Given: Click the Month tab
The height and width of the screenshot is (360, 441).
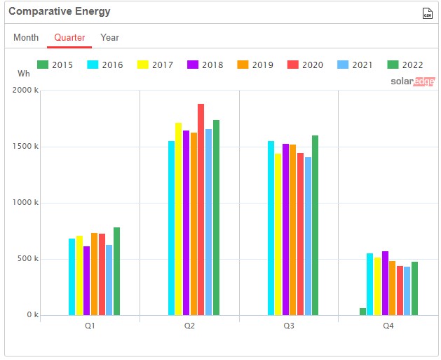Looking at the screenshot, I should click(26, 37).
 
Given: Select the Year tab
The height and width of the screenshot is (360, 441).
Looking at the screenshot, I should click(109, 37).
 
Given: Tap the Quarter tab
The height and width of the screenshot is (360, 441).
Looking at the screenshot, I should click(69, 37).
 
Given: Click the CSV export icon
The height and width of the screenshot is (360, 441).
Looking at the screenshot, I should click(427, 13).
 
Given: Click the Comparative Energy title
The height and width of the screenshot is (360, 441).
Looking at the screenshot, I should click(59, 12).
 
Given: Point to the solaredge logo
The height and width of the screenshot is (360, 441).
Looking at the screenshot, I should click(412, 81).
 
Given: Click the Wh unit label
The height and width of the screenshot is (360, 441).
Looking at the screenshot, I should click(23, 73).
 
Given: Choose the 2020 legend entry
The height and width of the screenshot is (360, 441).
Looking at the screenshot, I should click(304, 65).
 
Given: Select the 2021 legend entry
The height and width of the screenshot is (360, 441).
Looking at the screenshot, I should click(355, 65).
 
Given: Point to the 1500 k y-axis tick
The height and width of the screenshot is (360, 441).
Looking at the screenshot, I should click(27, 147).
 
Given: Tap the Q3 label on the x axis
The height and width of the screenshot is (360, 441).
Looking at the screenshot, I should click(289, 326).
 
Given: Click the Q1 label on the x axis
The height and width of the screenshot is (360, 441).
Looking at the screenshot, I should click(90, 326).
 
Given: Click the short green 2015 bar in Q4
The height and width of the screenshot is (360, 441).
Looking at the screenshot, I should click(363, 312).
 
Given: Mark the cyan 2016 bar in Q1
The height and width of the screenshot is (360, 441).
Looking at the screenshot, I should click(72, 276).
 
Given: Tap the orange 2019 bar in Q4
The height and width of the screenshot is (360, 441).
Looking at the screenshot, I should click(393, 288).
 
